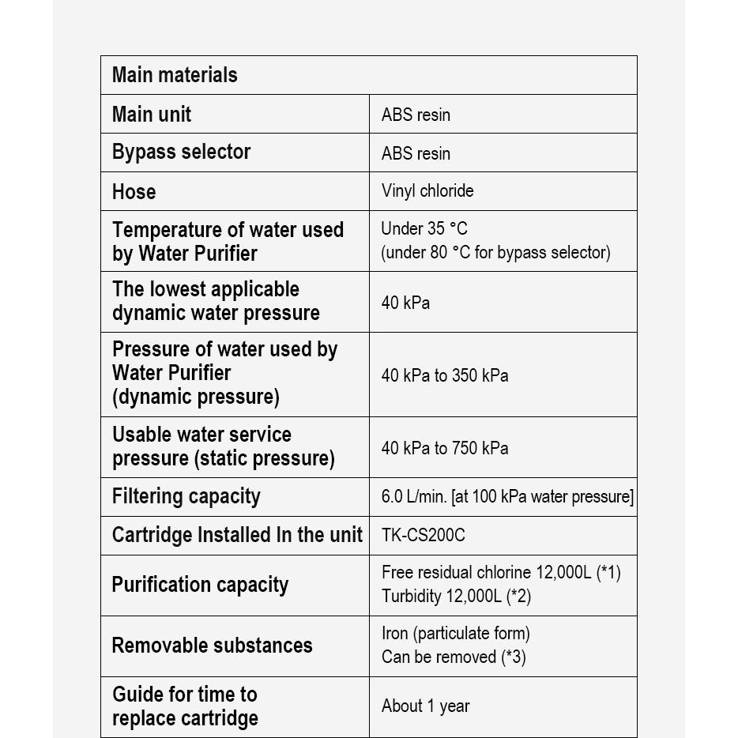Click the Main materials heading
[175, 75]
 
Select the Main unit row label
[152, 114]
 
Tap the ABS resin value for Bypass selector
[416, 152]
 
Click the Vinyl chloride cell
[427, 190]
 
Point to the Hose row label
[134, 191]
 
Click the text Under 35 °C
[424, 229]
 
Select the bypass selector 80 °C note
[495, 253]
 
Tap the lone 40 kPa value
[405, 303]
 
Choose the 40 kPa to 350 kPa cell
[445, 375]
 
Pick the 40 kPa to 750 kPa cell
[445, 448]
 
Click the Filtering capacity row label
[186, 496]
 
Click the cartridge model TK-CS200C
[424, 535]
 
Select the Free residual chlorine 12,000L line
[501, 572]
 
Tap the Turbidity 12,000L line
[456, 596]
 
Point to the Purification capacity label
[200, 585]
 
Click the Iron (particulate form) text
[456, 633]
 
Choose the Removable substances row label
[212, 645]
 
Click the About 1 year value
[426, 706]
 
